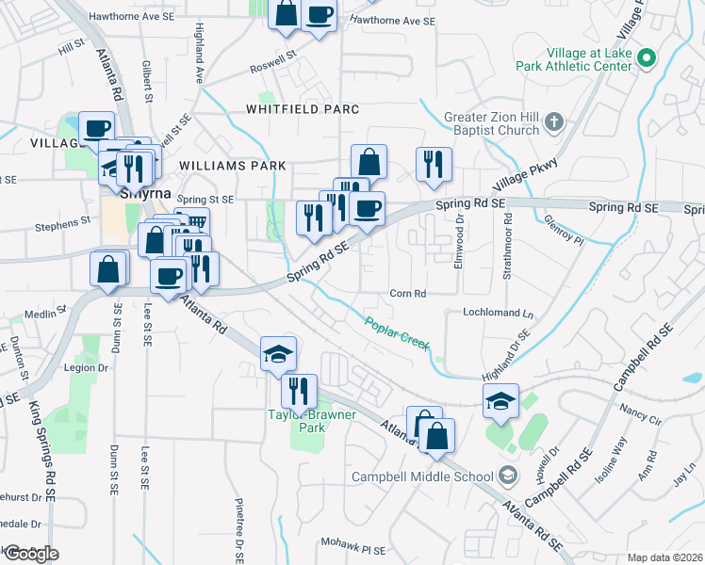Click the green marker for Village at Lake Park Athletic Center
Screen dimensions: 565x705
point(646,58)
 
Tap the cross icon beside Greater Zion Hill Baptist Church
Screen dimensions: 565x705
point(553,122)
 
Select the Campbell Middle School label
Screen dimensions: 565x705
point(424,476)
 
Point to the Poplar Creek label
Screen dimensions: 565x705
point(397,331)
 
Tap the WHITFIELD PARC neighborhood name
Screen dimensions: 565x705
point(303,109)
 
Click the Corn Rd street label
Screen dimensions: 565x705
point(407,294)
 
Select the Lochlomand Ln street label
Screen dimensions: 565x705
point(498,312)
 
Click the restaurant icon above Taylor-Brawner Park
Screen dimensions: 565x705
point(299,390)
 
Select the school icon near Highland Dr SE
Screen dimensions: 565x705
point(500,401)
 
